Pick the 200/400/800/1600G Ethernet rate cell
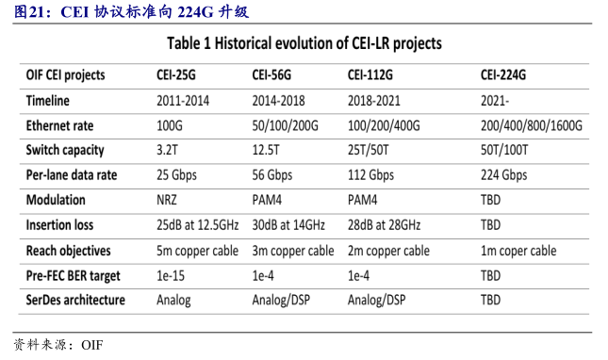(x=531, y=125)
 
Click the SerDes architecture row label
(x=78, y=300)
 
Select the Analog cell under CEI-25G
(x=173, y=300)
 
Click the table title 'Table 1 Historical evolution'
(x=304, y=43)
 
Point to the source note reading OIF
(x=58, y=345)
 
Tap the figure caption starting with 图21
(x=132, y=12)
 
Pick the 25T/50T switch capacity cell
(x=371, y=150)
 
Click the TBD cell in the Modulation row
(x=490, y=200)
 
